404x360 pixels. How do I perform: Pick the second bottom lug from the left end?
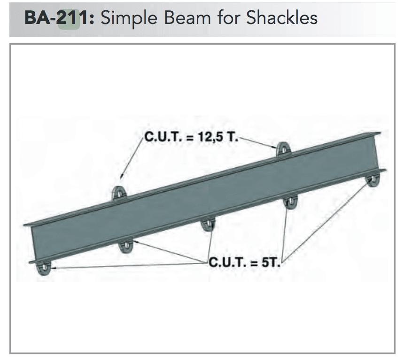point(125,245)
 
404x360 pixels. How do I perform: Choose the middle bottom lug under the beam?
point(207,224)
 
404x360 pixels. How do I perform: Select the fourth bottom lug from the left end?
point(290,203)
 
